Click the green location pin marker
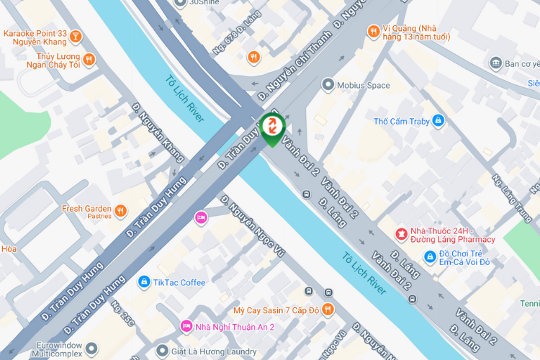click(x=273, y=129)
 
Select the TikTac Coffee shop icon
click(x=143, y=282)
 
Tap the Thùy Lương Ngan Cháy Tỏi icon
click(x=88, y=59)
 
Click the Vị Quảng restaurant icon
click(x=373, y=30)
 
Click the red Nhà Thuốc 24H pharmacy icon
click(x=401, y=234)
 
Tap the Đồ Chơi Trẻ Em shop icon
click(x=430, y=256)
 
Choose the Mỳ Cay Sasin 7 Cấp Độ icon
click(x=328, y=309)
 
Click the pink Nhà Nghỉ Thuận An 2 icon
click(x=186, y=326)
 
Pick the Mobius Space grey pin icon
click(x=328, y=85)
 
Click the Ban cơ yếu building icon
click(x=495, y=63)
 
